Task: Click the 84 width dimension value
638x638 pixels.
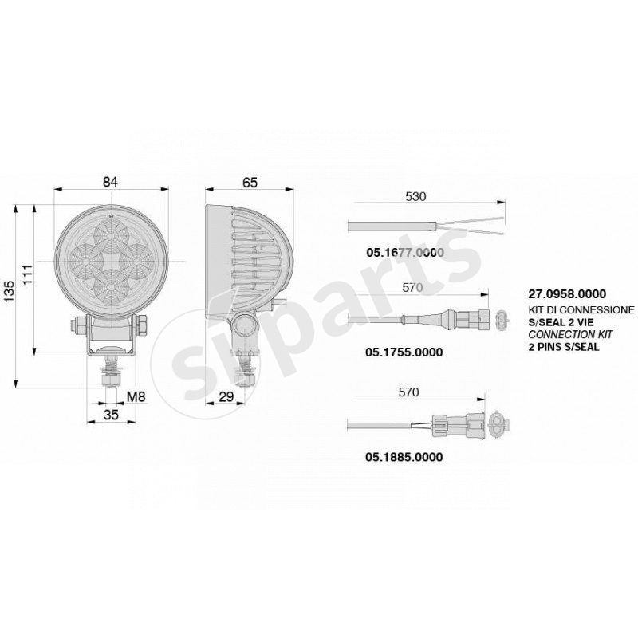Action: (110, 182)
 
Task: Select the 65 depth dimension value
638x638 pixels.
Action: (250, 182)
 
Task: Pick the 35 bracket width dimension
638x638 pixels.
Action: (111, 415)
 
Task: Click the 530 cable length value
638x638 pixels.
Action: (416, 196)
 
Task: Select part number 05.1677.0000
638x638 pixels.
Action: (404, 252)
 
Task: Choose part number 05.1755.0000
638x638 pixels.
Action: (404, 351)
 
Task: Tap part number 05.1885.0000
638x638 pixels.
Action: (404, 458)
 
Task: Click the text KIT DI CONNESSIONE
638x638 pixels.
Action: (581, 308)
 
